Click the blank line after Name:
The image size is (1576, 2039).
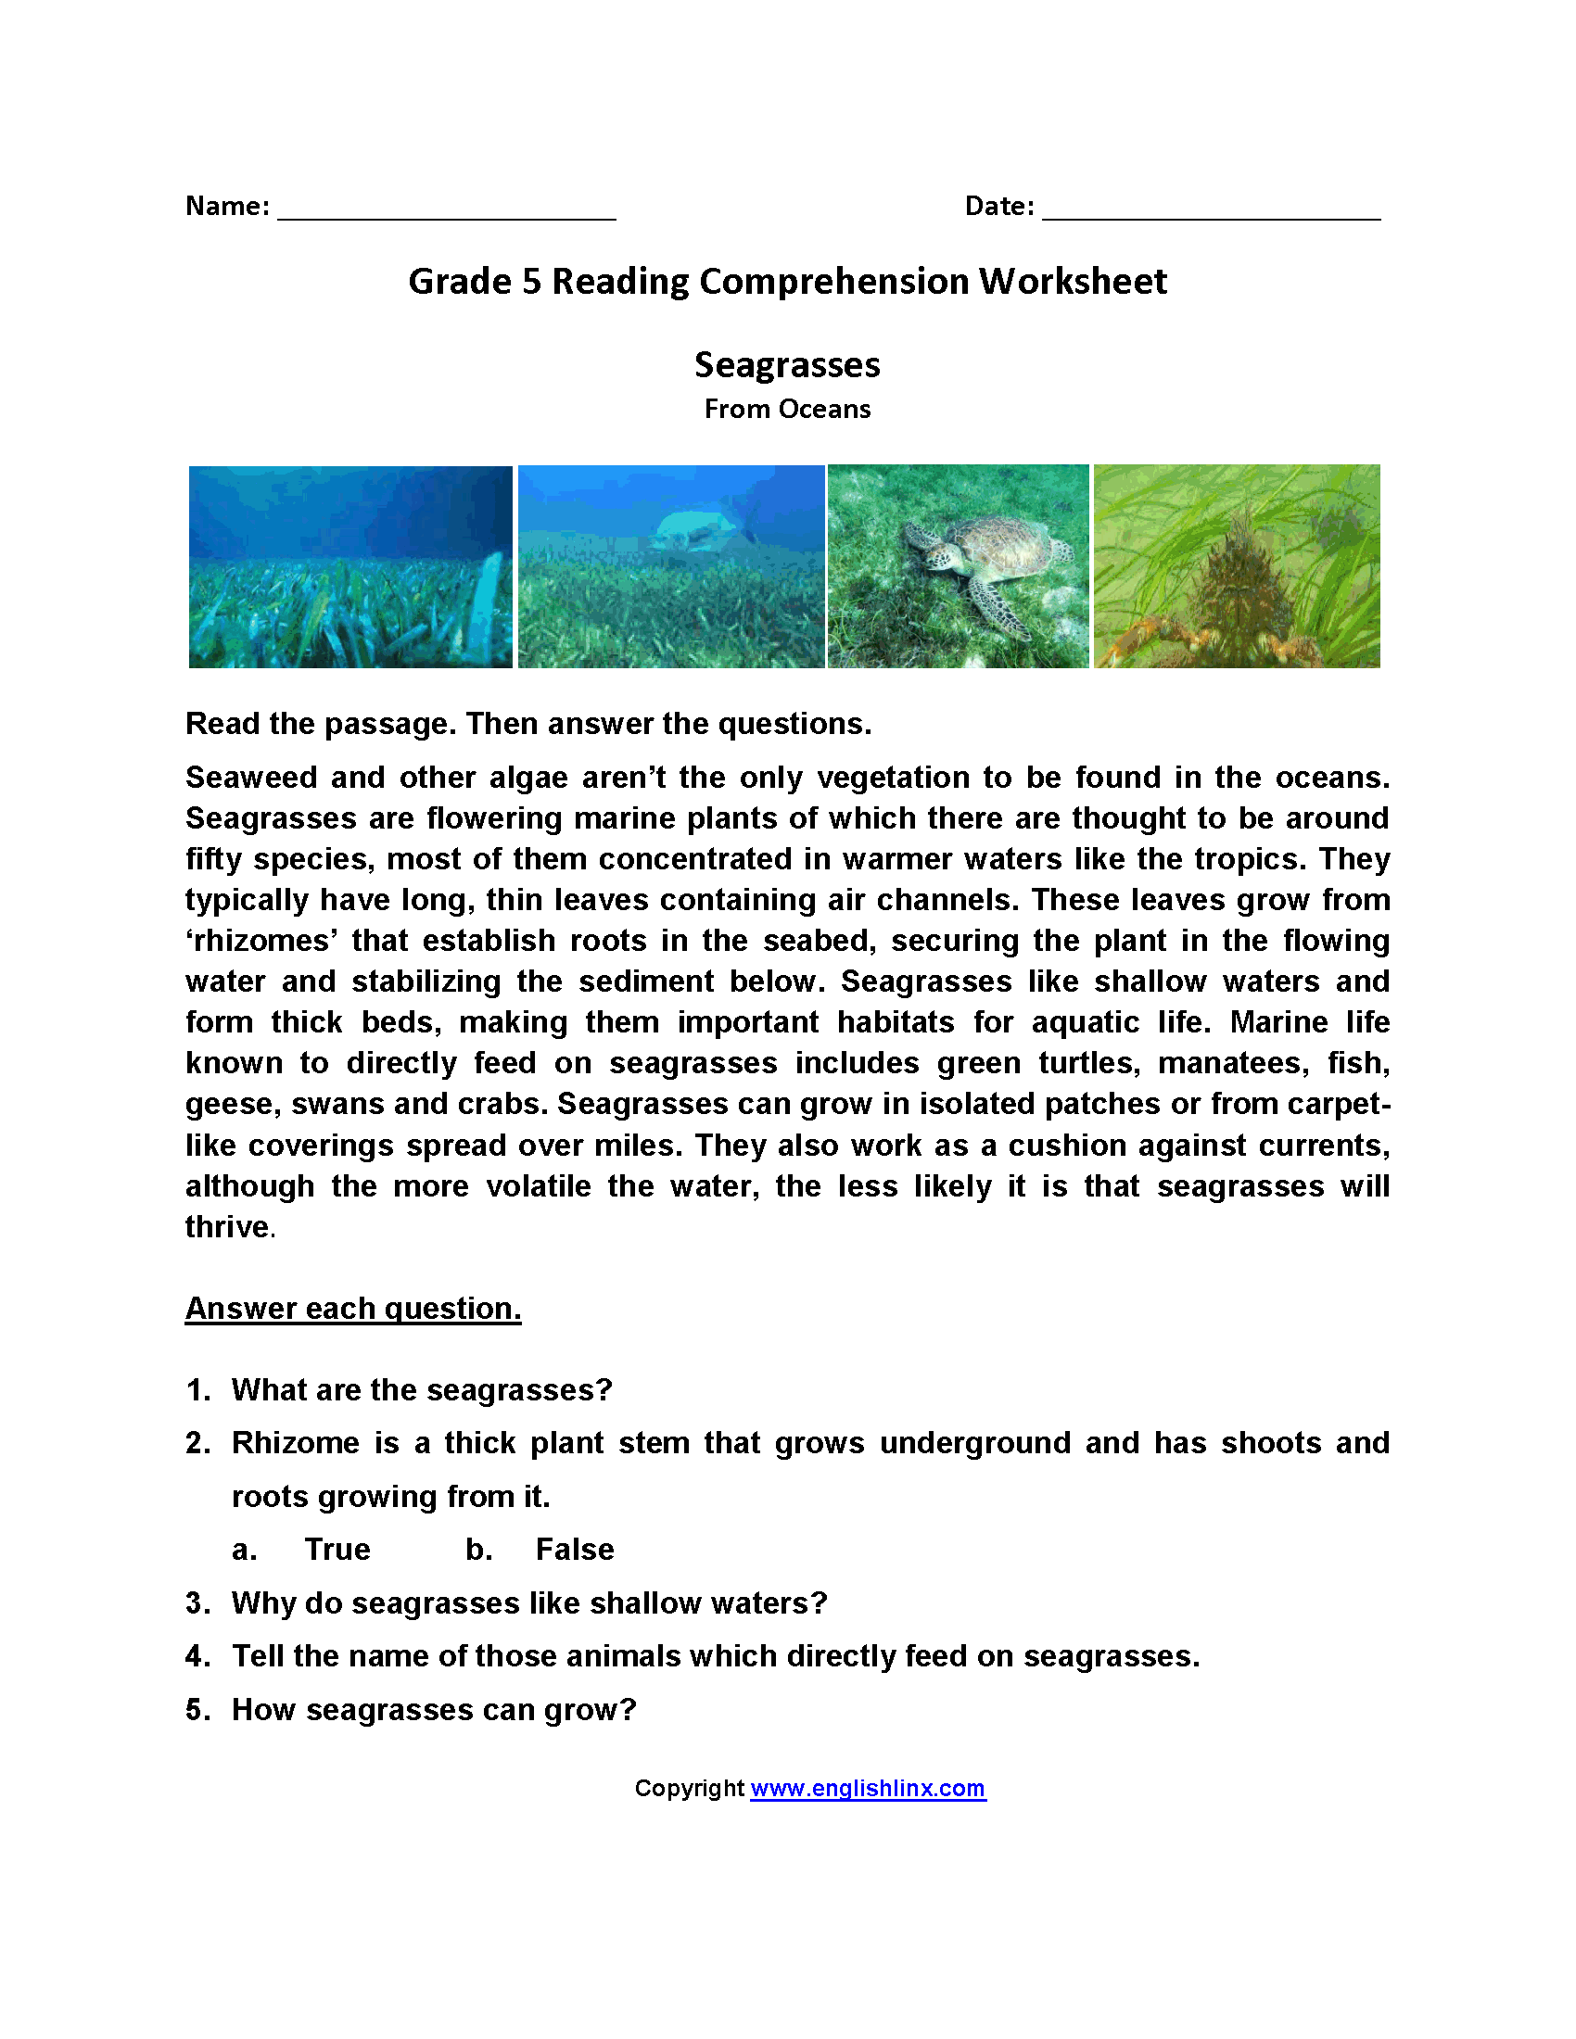(446, 210)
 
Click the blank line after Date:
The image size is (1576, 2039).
(1211, 210)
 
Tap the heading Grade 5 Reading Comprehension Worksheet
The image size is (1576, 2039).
(787, 281)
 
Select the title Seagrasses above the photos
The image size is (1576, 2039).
(787, 365)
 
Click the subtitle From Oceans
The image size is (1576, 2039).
(787, 409)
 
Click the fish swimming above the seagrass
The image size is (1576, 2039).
(695, 530)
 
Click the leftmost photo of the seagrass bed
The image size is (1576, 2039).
(350, 566)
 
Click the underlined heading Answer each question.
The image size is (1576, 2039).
(353, 1308)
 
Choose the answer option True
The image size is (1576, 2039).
(337, 1550)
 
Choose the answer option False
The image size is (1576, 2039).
(574, 1550)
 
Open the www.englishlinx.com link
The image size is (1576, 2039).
(868, 1788)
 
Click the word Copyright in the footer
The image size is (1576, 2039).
(689, 1788)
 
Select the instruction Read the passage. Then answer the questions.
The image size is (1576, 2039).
(528, 724)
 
